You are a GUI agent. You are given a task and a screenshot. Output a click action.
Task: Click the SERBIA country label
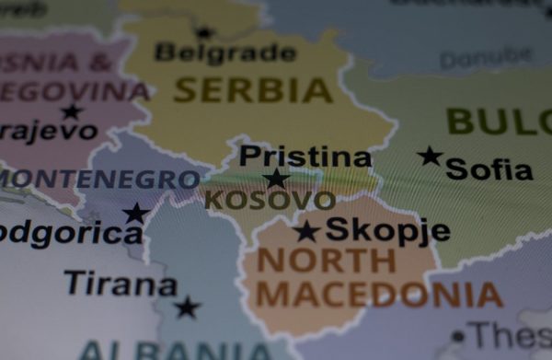tap(253, 89)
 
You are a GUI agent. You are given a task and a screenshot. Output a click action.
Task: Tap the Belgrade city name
tap(225, 52)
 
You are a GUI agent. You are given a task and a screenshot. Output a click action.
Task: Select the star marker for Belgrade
tap(204, 33)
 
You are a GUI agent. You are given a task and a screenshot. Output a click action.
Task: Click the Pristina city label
tap(305, 156)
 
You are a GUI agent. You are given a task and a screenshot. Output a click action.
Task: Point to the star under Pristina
tap(275, 179)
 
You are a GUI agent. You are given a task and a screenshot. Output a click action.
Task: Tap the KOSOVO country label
tap(269, 200)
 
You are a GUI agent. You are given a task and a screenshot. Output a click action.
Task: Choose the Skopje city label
tap(387, 229)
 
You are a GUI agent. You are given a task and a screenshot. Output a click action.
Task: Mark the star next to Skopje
tap(306, 231)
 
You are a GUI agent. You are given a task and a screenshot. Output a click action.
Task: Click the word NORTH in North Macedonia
tap(326, 261)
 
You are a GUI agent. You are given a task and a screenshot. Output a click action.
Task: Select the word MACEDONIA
tap(379, 295)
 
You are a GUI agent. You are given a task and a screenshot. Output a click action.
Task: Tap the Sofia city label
tap(489, 168)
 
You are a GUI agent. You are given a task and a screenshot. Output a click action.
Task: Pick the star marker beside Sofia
tap(430, 156)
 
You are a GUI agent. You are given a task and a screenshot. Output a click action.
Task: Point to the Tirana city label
tap(120, 283)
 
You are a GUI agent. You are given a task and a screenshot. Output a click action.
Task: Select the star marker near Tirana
tap(188, 308)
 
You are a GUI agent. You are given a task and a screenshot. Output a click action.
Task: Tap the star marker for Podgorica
tap(136, 214)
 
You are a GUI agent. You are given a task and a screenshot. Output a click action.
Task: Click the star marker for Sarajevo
tap(71, 111)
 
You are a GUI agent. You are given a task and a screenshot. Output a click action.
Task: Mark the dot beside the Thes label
tap(457, 336)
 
